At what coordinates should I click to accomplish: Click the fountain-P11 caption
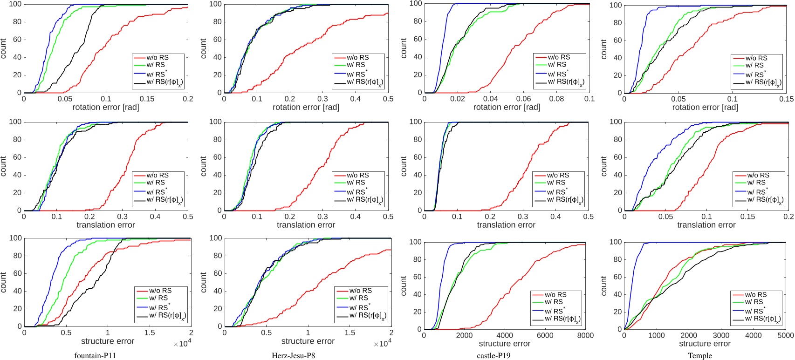(95, 356)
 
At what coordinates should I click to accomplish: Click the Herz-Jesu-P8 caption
(294, 356)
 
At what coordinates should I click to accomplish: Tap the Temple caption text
(700, 356)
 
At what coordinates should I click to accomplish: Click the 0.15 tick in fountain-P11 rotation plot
(147, 99)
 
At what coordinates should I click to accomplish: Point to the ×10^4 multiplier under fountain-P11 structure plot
(182, 344)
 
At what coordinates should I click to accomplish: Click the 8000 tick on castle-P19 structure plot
(585, 335)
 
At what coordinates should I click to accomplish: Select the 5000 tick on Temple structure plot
(786, 335)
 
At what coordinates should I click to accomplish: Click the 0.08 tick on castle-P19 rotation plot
(556, 99)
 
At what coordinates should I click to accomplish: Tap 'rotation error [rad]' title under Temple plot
(705, 107)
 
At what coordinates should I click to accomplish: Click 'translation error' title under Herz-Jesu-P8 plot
(306, 225)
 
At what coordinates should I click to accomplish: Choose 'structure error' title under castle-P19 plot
(505, 344)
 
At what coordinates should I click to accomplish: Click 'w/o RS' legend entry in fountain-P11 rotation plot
(158, 58)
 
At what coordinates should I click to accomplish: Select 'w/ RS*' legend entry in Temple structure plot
(755, 311)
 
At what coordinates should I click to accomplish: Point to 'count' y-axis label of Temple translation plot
(604, 166)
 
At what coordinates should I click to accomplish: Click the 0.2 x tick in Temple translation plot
(788, 217)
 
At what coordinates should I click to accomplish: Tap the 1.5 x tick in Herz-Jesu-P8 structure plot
(350, 333)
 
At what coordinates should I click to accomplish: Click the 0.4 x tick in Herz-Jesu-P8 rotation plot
(356, 99)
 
